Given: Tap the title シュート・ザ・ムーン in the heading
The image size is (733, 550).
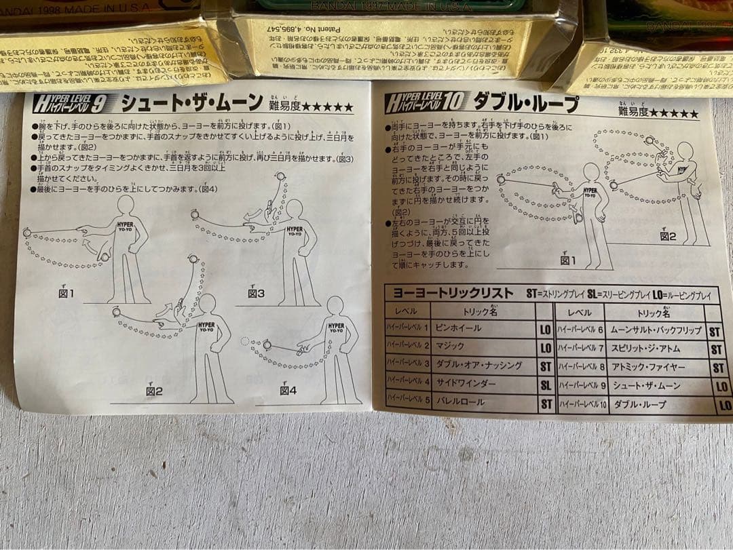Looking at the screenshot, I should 191,103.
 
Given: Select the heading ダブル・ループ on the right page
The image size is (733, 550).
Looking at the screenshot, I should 526,103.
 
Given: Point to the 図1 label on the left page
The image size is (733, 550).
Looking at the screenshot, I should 66,293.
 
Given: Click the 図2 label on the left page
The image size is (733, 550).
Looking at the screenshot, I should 154,391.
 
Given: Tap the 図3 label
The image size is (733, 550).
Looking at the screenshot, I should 256,293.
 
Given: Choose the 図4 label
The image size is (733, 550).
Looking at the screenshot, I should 288,390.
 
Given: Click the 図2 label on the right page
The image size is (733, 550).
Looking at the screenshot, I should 668,236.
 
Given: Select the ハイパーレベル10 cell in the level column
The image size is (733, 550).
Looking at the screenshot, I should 578,405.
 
